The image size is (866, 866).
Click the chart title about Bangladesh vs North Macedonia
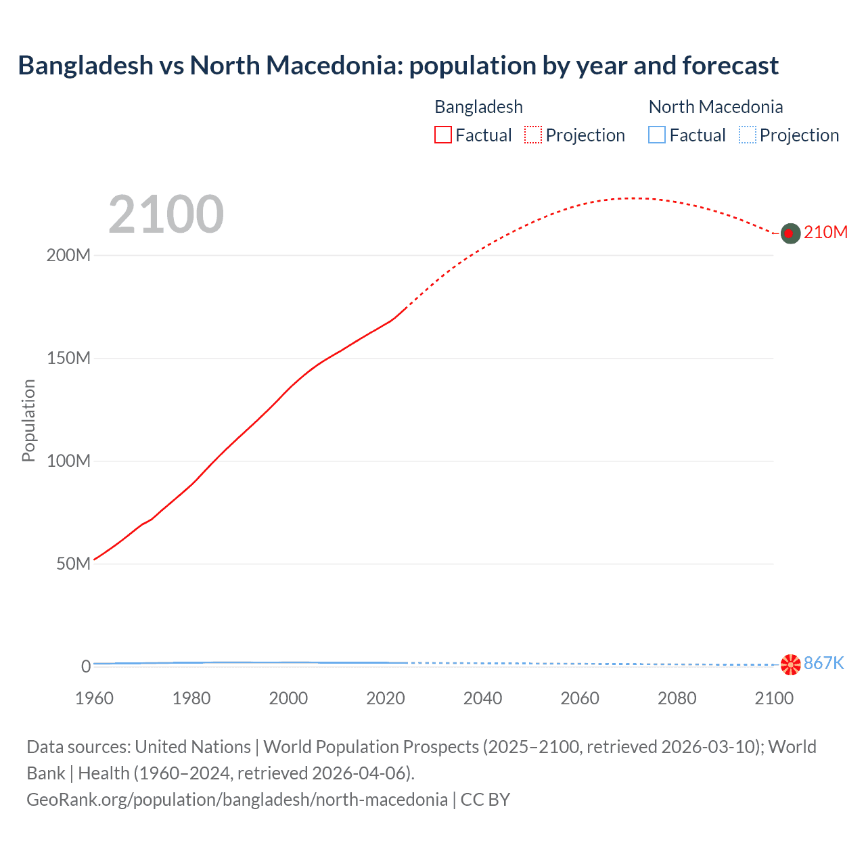click(398, 66)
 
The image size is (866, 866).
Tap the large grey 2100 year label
click(166, 214)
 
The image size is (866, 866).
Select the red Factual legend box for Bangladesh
click(442, 135)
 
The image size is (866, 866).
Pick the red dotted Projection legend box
click(533, 135)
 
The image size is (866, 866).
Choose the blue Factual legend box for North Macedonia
click(657, 135)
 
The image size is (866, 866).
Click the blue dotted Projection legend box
click(747, 135)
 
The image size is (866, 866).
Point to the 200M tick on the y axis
click(68, 256)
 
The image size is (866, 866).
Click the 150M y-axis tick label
click(68, 359)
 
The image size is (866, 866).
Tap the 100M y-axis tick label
click(68, 461)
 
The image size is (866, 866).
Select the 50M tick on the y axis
click(73, 564)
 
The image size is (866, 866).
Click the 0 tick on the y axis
click(86, 666)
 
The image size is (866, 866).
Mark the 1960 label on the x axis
click(94, 698)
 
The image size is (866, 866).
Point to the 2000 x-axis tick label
click(288, 698)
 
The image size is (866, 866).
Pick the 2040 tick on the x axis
click(482, 698)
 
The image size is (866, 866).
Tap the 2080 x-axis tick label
click(677, 698)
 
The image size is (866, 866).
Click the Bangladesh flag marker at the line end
click(790, 233)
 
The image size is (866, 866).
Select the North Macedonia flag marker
click(790, 664)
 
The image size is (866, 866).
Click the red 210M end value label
click(825, 233)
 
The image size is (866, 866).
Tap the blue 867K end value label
click(823, 664)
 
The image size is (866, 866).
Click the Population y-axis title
click(28, 420)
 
